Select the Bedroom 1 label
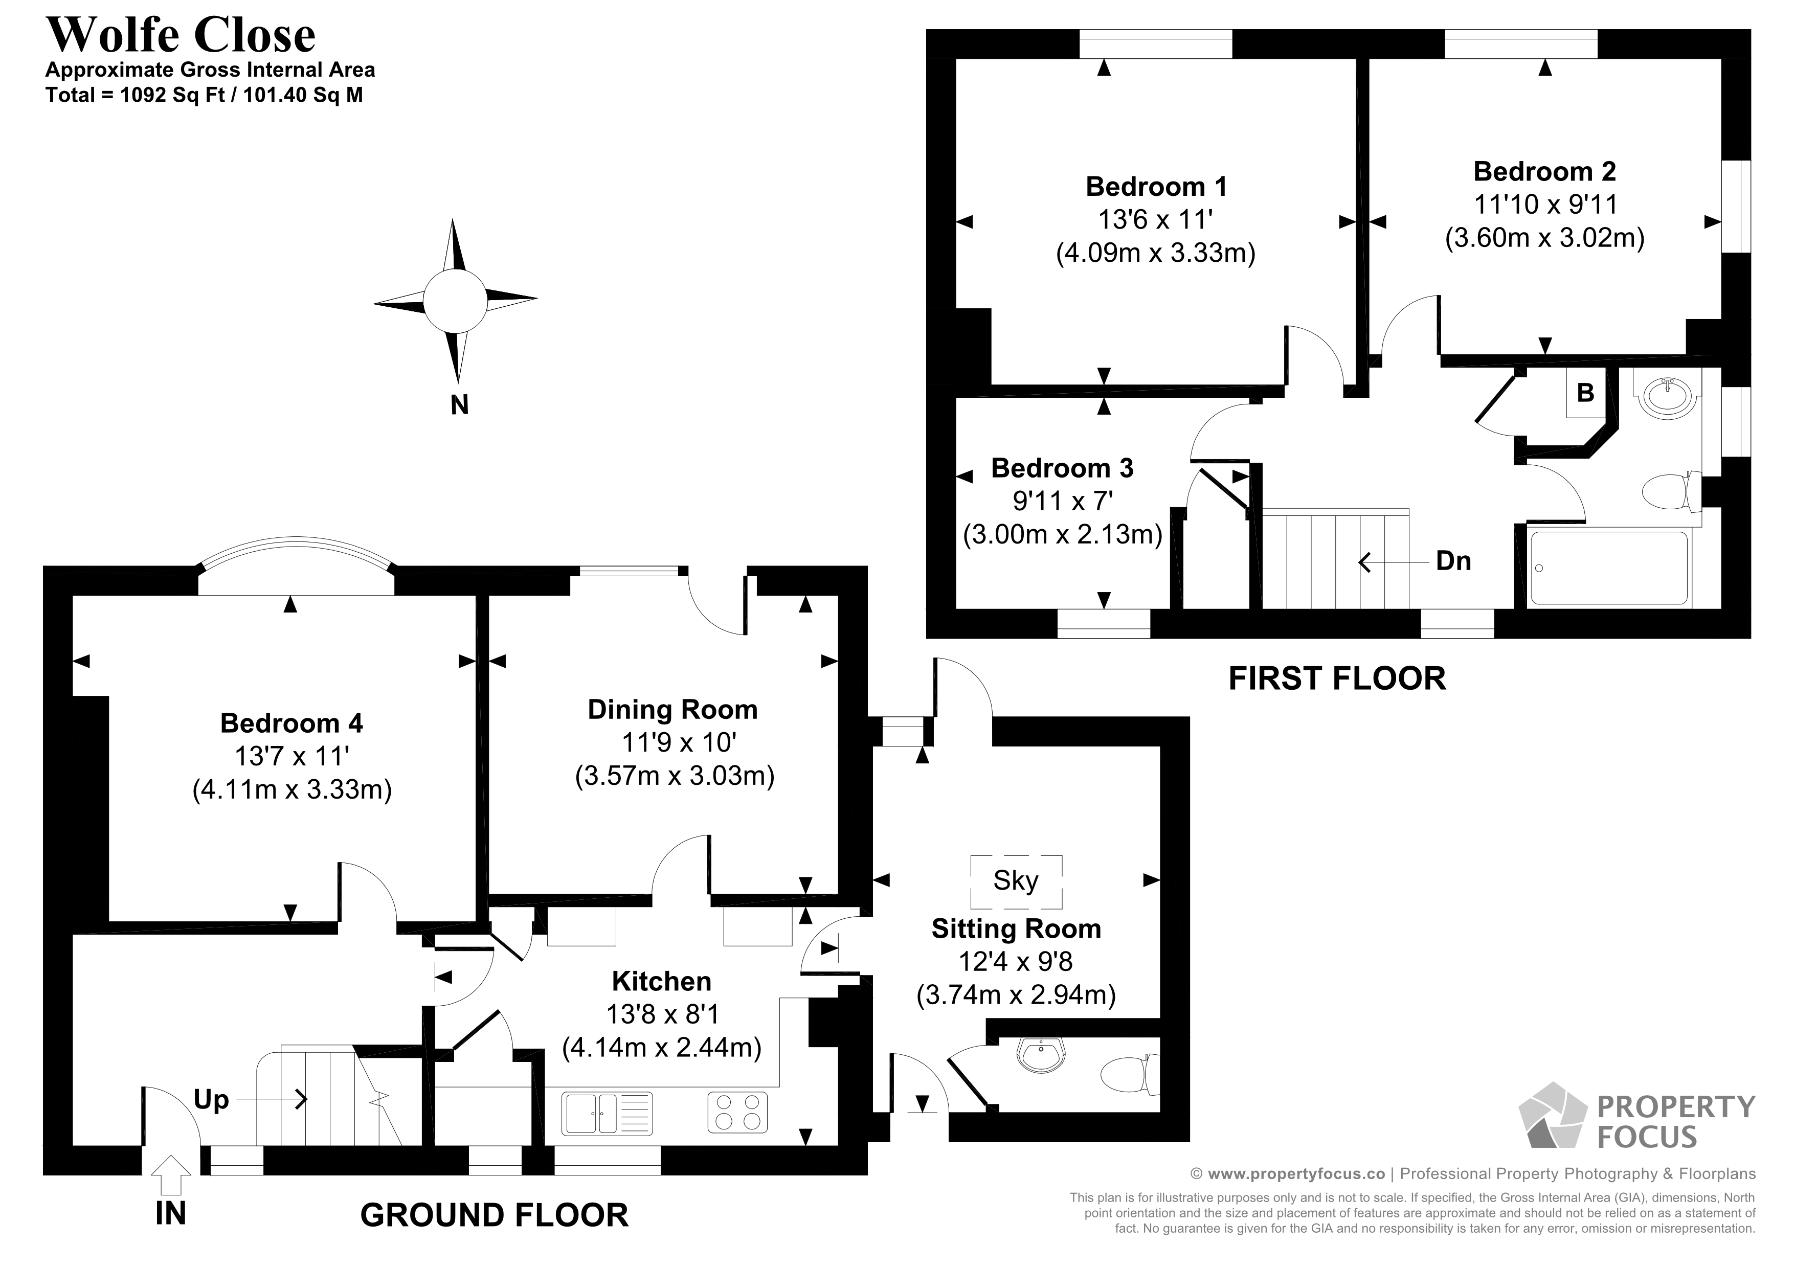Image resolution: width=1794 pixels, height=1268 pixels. point(1156,187)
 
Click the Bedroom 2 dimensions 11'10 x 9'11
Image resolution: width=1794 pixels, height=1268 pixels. point(1545,205)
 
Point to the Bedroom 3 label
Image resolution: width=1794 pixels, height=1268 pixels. point(1062,468)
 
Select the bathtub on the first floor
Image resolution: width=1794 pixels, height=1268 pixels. point(1609,568)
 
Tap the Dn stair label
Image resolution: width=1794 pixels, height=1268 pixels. point(1453,561)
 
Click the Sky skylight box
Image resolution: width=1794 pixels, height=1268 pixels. point(1016,881)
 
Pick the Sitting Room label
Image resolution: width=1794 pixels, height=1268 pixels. point(1016,929)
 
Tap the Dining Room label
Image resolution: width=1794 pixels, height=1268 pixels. point(673,709)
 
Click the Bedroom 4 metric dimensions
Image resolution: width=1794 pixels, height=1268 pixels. point(291,790)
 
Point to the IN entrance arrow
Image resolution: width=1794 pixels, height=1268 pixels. point(170,1176)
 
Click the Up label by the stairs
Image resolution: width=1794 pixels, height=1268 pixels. point(211,1100)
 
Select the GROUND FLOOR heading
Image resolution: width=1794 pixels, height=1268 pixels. point(494,1216)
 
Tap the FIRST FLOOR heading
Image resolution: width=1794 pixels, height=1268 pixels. point(1337,679)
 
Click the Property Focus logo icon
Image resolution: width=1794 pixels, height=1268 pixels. point(1551,1117)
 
